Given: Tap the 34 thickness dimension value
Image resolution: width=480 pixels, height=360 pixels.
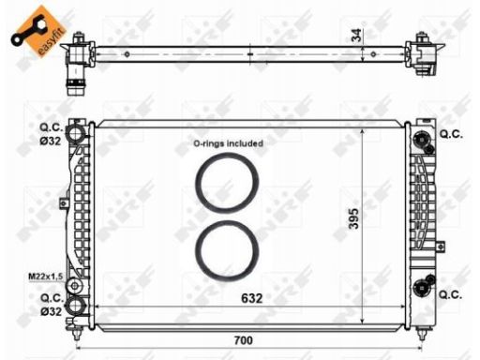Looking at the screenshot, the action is pyautogui.click(x=356, y=35).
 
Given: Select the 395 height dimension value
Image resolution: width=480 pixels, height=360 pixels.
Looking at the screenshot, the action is pyautogui.click(x=354, y=218).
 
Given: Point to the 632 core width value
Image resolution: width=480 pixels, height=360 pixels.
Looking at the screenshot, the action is pyautogui.click(x=252, y=298).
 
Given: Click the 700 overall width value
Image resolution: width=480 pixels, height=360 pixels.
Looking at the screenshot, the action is pyautogui.click(x=244, y=340).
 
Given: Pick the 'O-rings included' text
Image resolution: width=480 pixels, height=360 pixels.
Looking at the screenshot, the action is pyautogui.click(x=228, y=143).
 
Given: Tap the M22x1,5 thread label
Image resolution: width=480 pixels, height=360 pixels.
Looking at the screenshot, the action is pyautogui.click(x=46, y=277).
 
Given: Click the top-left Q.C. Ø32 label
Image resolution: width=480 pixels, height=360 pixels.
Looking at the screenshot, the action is pyautogui.click(x=52, y=134).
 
